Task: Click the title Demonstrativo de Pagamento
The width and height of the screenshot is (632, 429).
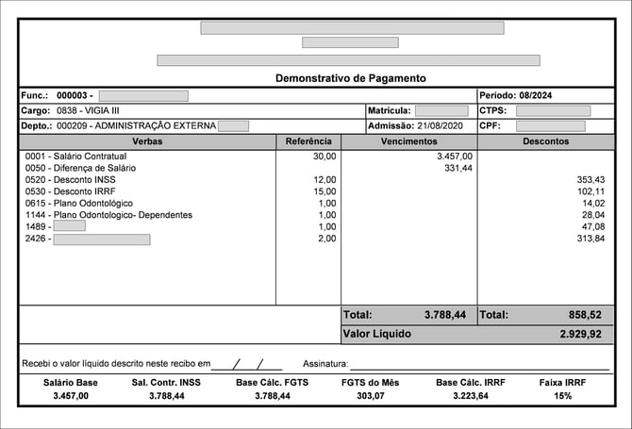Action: point(351,78)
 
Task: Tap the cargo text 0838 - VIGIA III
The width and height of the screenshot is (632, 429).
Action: point(89,110)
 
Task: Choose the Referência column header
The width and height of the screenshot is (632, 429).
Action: point(308,141)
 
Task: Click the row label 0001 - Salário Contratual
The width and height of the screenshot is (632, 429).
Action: point(75,156)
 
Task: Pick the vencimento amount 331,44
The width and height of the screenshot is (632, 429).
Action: point(458,167)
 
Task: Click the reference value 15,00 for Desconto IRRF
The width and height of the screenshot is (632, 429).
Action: point(324,191)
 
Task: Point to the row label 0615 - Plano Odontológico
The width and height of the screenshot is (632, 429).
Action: point(79,204)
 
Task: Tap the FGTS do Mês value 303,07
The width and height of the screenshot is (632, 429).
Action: point(370,397)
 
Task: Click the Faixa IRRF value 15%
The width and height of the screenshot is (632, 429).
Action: point(562,397)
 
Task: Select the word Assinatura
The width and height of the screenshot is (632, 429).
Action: point(325,364)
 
